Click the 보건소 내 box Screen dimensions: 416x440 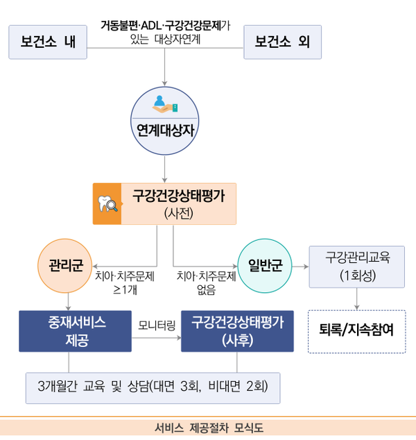[48, 42]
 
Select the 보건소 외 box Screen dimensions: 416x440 [283, 42]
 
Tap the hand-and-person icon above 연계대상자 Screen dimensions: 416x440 [165, 104]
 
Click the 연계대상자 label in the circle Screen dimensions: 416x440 [165, 130]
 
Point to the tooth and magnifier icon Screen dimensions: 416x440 [107, 203]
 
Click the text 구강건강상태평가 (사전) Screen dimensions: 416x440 [179, 204]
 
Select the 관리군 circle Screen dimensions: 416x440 [65, 266]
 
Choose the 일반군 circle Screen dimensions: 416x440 [265, 266]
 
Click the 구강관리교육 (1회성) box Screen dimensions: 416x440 [357, 267]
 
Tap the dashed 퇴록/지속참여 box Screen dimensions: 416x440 [357, 332]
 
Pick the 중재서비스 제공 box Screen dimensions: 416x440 [75, 331]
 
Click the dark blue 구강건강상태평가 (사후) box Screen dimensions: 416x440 [237, 331]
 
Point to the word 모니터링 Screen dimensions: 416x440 [157, 325]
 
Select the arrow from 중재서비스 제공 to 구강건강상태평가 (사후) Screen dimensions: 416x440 [157, 338]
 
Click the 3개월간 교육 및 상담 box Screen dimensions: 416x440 [153, 388]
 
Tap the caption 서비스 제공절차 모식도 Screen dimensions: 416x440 [209, 428]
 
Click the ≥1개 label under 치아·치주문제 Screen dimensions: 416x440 [125, 289]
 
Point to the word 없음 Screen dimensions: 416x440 [207, 289]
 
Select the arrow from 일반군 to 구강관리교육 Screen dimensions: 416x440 [300, 266]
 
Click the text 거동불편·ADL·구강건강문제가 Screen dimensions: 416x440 [166, 26]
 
